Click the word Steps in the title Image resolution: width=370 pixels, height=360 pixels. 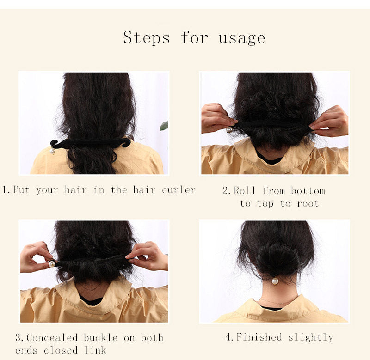(x=147, y=37)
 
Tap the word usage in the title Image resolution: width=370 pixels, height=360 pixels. (x=242, y=37)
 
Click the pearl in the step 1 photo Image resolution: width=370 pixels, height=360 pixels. (x=52, y=151)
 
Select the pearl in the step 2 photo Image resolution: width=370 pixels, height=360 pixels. (x=229, y=130)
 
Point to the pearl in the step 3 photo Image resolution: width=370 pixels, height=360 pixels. (x=52, y=263)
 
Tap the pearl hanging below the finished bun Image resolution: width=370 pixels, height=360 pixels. (x=275, y=281)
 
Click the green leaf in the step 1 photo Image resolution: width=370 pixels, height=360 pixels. (x=164, y=126)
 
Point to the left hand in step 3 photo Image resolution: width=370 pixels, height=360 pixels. (x=36, y=256)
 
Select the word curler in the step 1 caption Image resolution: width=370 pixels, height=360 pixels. (x=179, y=190)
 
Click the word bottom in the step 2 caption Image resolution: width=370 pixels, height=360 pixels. (x=308, y=190)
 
